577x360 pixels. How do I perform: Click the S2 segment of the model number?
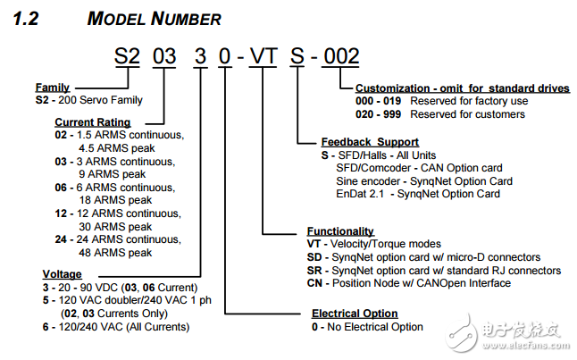pos(127,56)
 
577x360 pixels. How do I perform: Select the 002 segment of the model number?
pos(341,56)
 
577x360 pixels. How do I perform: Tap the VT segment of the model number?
pos(263,56)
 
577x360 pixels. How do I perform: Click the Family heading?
pos(53,88)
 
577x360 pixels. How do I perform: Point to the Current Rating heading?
pos(93,122)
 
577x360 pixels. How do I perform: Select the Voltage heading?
pos(62,274)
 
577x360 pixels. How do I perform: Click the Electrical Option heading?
pos(355,314)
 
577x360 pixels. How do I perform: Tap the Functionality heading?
pos(340,231)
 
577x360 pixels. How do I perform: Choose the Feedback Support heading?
pos(370,142)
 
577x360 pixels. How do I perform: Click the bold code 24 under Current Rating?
pos(61,239)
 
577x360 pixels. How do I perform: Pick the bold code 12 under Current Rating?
pos(61,213)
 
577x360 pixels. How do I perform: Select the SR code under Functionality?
pos(314,271)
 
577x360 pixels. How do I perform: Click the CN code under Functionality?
pos(314,283)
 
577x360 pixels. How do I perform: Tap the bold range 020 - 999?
pos(378,114)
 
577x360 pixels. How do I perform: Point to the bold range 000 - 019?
pos(378,101)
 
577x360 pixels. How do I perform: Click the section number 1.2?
pos(26,19)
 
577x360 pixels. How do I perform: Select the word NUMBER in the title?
pos(186,19)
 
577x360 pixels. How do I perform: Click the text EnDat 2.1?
pos(360,194)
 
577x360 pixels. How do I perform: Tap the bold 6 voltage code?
pos(46,327)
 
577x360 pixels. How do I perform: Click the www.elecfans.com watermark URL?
pos(525,346)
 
